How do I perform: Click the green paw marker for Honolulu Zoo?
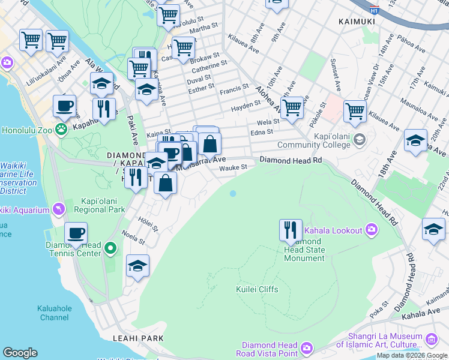pyautogui.click(x=61, y=128)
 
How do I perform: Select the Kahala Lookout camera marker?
pyautogui.click(x=372, y=230)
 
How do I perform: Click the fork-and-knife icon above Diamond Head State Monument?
pyautogui.click(x=290, y=229)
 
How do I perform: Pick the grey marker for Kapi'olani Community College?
pyautogui.click(x=359, y=140)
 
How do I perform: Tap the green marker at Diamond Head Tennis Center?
pyautogui.click(x=110, y=248)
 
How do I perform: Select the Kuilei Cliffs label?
pyautogui.click(x=256, y=289)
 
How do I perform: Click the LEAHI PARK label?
pyautogui.click(x=137, y=338)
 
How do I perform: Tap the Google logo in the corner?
pyautogui.click(x=20, y=353)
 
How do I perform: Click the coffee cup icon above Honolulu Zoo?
pyautogui.click(x=65, y=106)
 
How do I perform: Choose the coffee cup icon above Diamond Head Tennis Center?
pyautogui.click(x=76, y=233)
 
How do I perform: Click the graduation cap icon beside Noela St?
pyautogui.click(x=137, y=265)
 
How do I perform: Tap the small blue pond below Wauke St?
pyautogui.click(x=232, y=193)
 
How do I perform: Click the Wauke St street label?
pyautogui.click(x=233, y=167)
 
